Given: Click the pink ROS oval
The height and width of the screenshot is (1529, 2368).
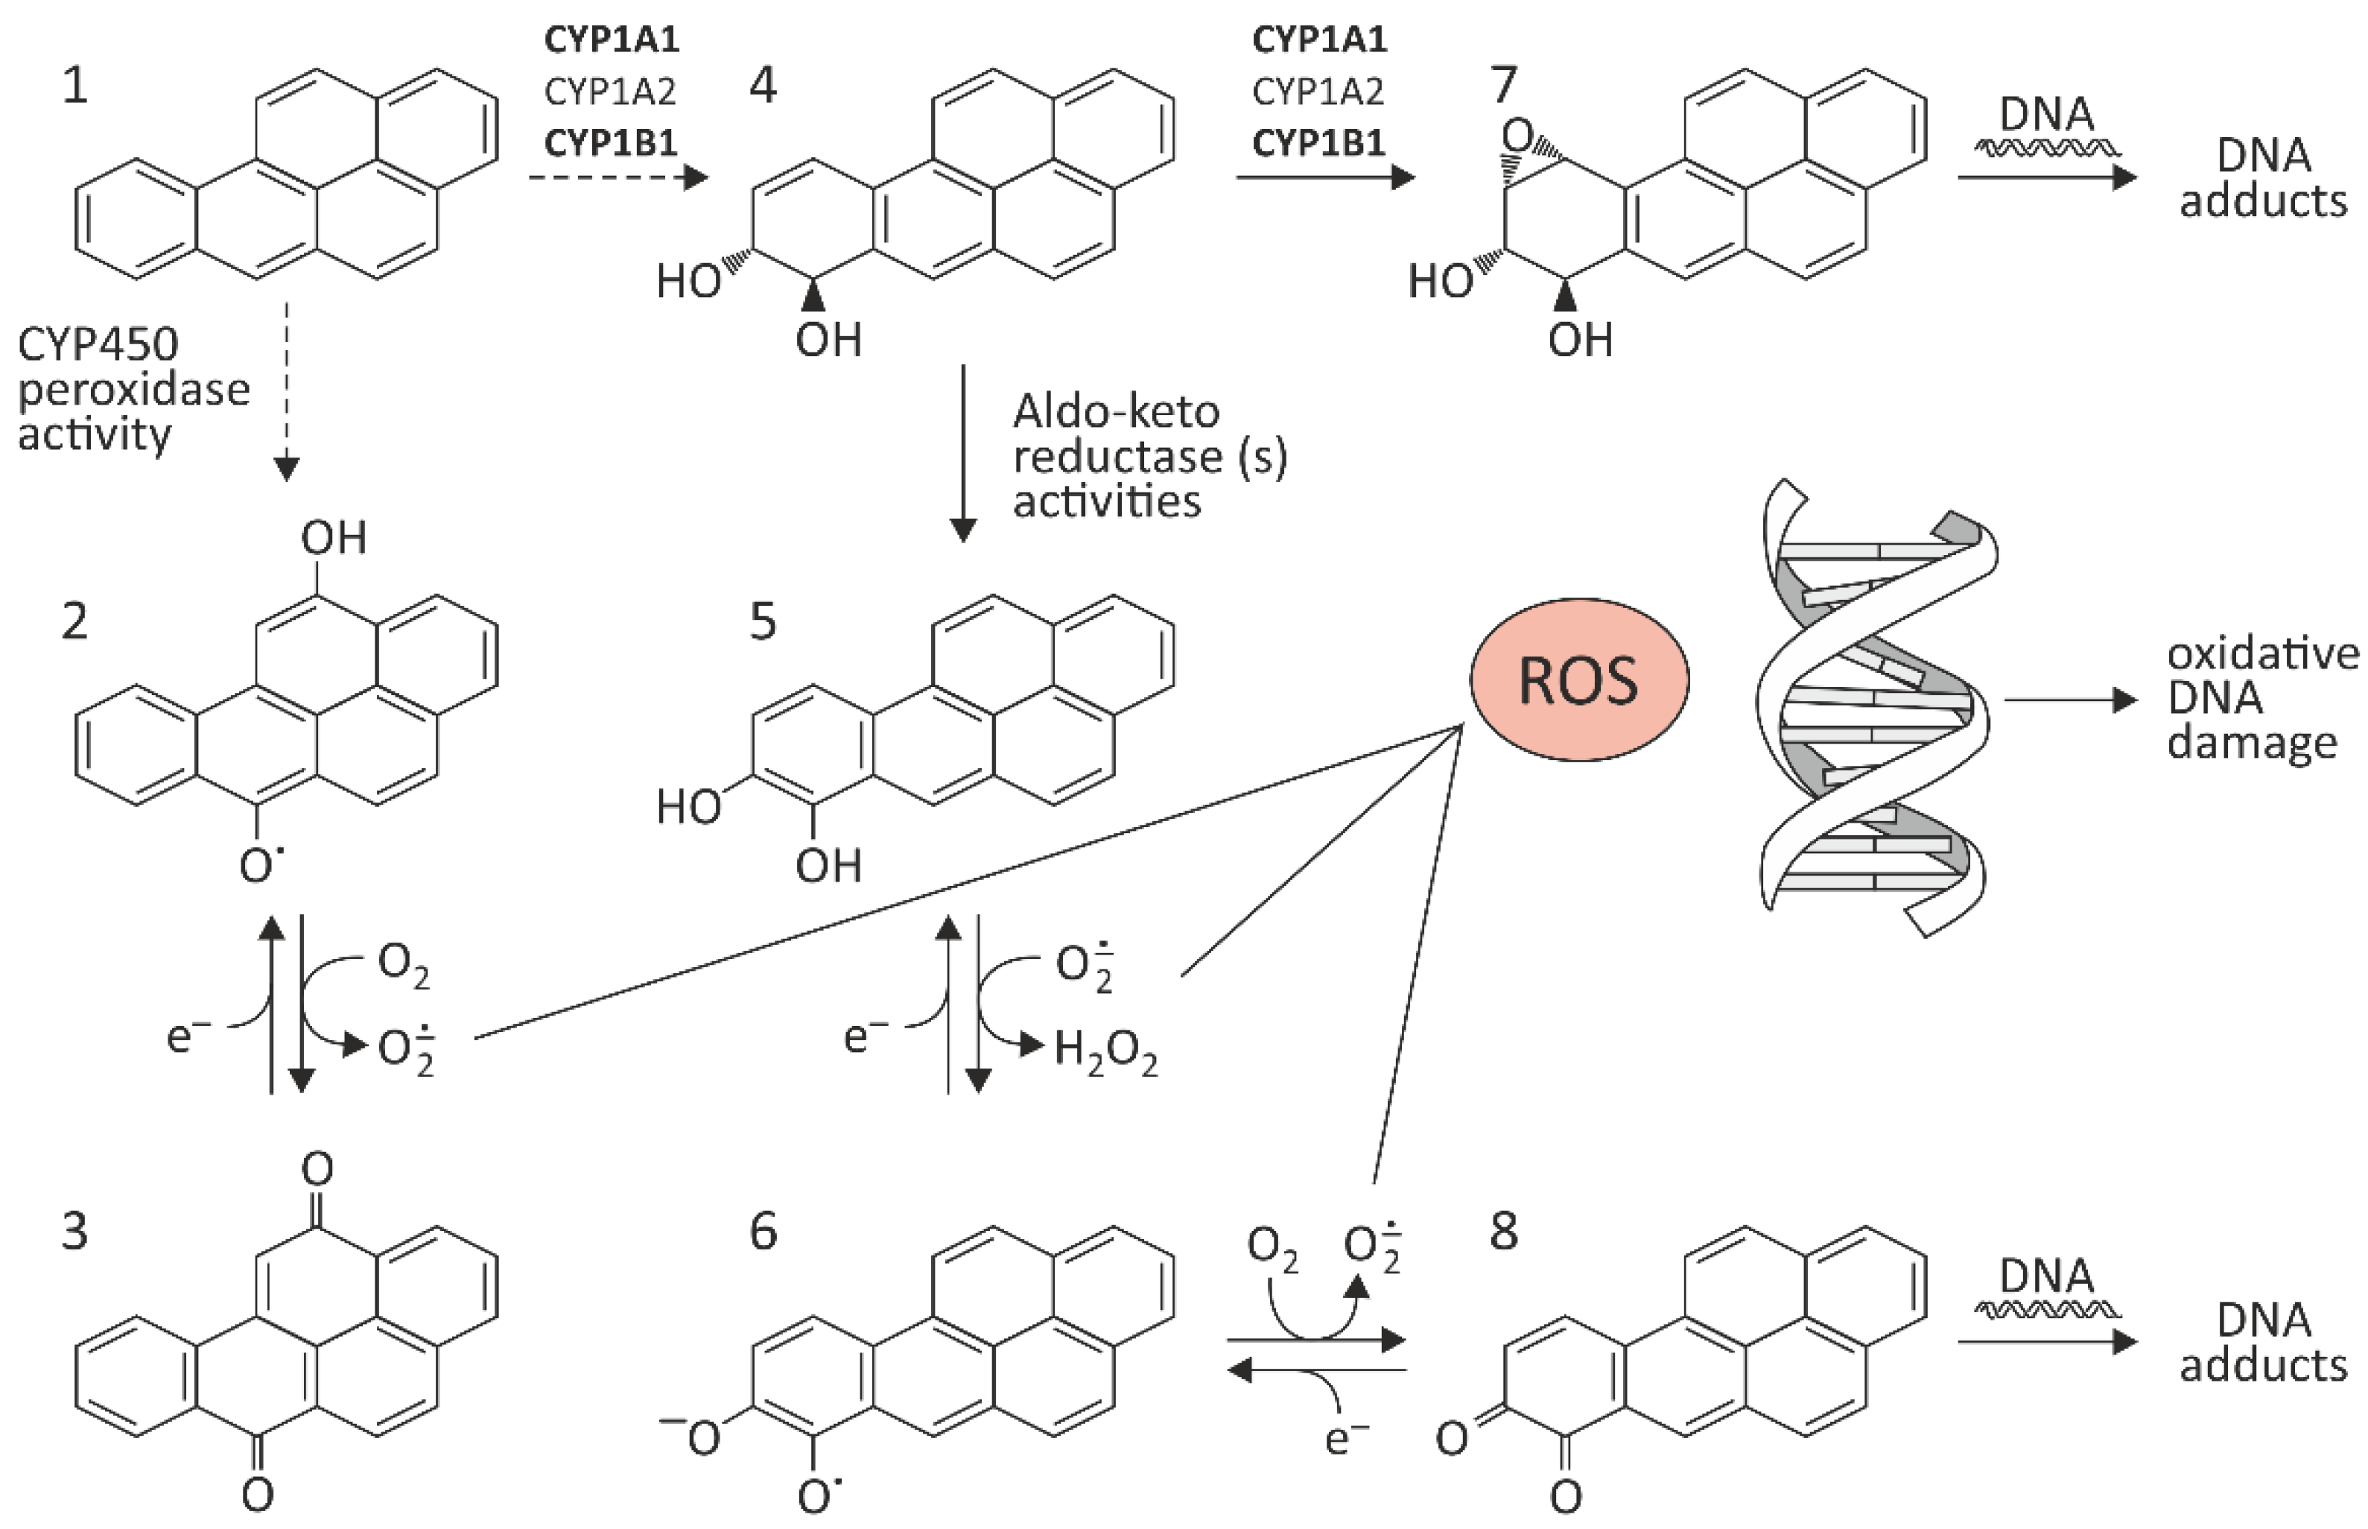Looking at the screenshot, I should tap(1578, 681).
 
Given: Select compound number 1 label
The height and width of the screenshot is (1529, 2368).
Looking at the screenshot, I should tap(74, 86).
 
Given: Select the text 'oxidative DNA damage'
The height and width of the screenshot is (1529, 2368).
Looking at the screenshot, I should tap(2261, 699).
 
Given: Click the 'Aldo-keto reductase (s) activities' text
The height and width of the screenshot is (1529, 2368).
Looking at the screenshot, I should tap(1149, 457).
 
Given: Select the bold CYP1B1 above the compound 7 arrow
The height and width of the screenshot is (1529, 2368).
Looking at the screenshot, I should tap(1318, 144).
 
